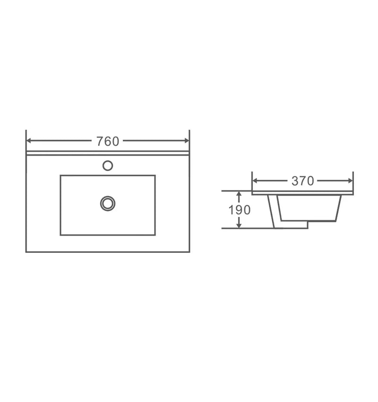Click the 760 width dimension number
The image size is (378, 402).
[108, 141]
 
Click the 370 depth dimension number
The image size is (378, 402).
[302, 181]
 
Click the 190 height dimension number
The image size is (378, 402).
[240, 210]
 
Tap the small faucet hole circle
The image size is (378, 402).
[108, 165]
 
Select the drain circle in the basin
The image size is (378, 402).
[108, 203]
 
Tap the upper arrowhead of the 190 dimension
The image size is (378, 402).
[239, 194]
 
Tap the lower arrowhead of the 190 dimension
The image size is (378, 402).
[239, 225]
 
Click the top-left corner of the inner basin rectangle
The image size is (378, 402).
[60, 176]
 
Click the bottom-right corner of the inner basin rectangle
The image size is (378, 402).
[155, 235]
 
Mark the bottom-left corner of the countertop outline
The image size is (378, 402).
[26, 252]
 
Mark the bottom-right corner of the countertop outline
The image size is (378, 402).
[189, 252]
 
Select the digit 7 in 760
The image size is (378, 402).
[100, 141]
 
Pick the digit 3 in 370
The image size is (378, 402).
[295, 181]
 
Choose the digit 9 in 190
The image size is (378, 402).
[240, 210]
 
